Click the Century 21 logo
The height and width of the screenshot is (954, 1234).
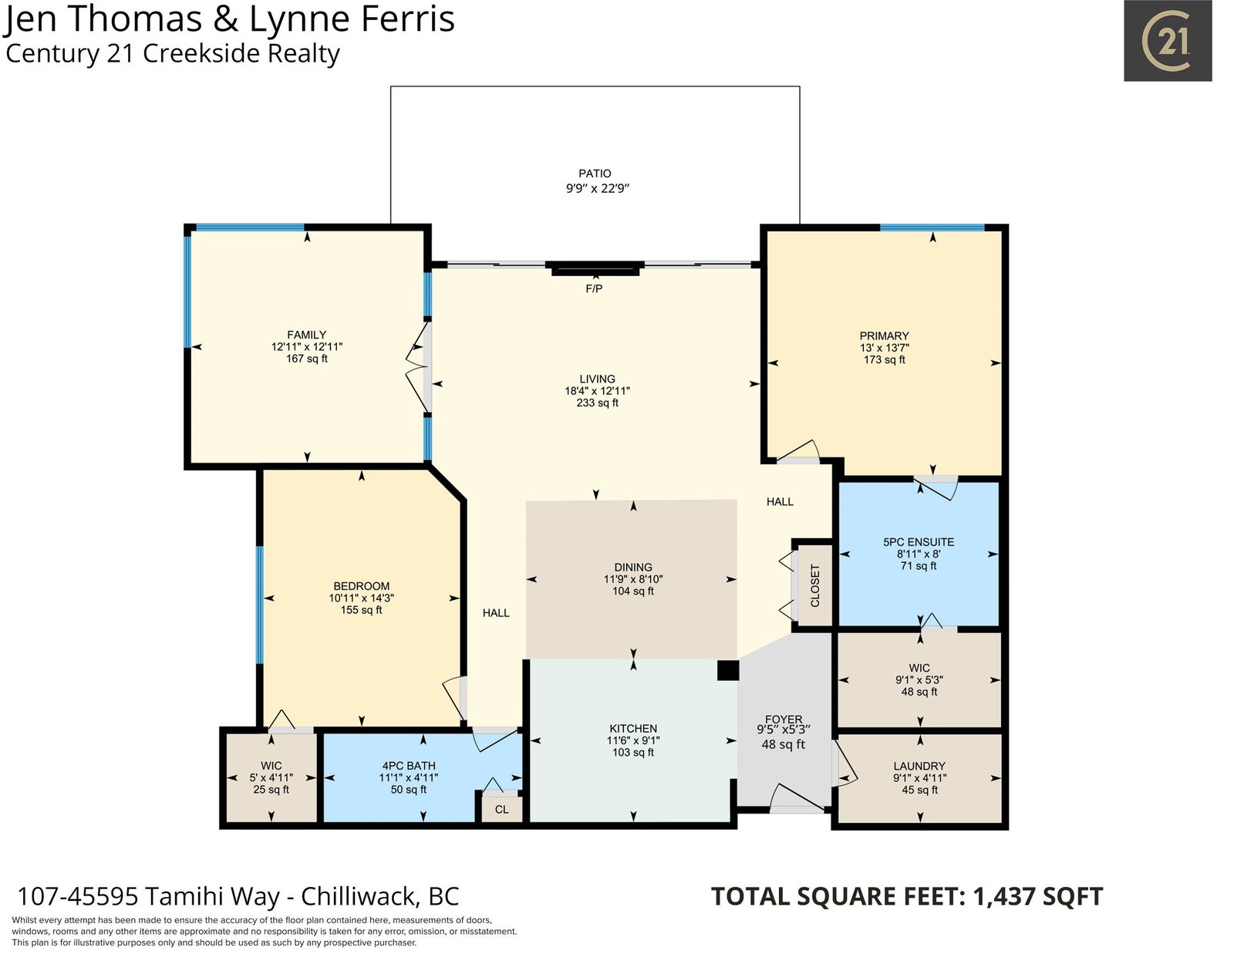(x=1168, y=40)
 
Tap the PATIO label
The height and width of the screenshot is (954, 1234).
(x=595, y=174)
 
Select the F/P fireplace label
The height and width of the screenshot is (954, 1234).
(x=594, y=289)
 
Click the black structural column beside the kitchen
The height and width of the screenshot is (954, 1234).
(x=728, y=670)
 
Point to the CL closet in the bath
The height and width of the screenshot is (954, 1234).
(x=501, y=809)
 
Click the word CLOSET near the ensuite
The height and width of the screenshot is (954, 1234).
(x=815, y=586)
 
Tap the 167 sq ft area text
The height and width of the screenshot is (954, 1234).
(x=307, y=359)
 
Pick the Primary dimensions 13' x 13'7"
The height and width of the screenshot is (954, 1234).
(x=884, y=348)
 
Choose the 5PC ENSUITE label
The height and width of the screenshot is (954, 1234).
(x=919, y=542)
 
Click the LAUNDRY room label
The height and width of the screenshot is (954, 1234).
(x=919, y=766)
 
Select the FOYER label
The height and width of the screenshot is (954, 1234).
(x=784, y=720)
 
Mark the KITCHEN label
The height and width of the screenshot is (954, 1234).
(x=633, y=729)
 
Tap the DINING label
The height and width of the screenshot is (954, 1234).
(x=633, y=568)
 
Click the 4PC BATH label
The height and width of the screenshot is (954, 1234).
(x=408, y=766)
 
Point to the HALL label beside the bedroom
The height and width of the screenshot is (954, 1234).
(x=496, y=612)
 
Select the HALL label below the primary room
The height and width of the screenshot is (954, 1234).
(x=780, y=501)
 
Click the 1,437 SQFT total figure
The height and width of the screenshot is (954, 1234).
(x=1037, y=897)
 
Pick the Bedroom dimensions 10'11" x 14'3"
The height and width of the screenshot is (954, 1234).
(x=361, y=598)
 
